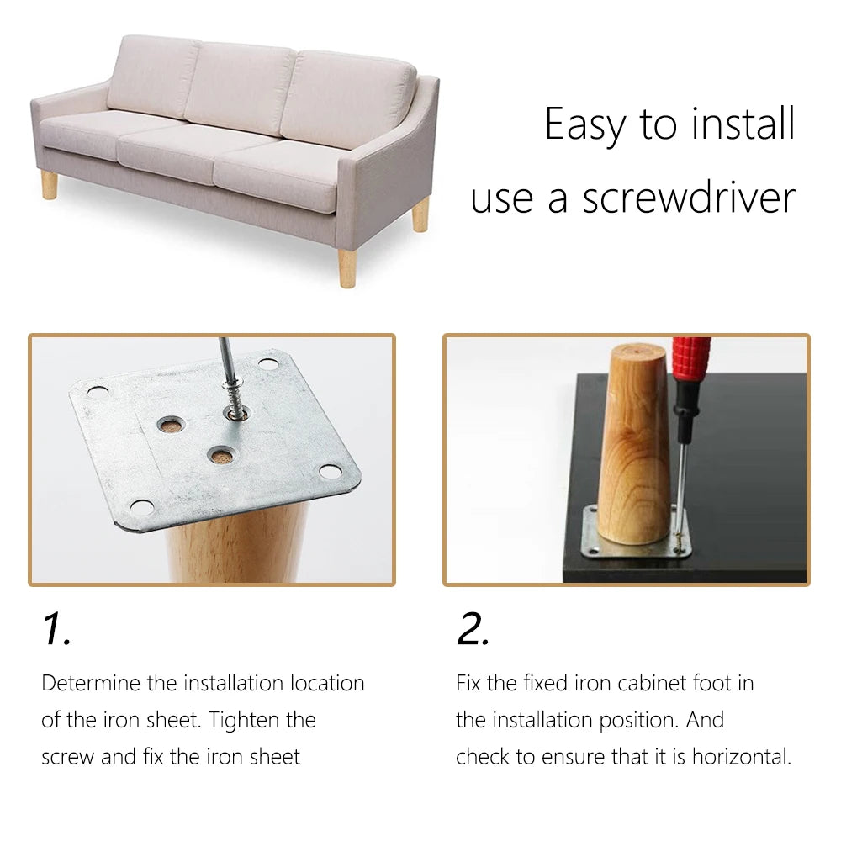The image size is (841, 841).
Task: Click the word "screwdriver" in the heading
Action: coord(690,198)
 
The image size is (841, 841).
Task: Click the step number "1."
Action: coord(56,628)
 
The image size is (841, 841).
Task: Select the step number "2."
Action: coord(473,628)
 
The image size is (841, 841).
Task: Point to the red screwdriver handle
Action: coord(692,360)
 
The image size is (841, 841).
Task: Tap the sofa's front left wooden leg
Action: coord(50,185)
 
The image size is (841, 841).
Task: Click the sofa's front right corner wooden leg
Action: coord(347,268)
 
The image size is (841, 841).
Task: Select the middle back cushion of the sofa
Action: coord(239,88)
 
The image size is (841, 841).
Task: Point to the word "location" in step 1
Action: coord(327,683)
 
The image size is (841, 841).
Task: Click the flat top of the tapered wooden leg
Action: coord(637,352)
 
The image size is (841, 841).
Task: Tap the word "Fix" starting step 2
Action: coord(468,683)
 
